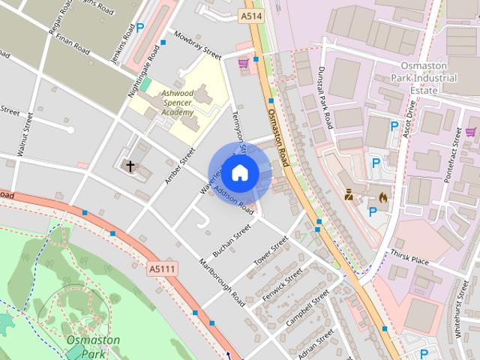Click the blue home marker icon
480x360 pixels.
[x=238, y=173]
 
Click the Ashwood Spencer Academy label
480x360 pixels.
[x=177, y=103]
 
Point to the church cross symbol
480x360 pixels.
[x=130, y=166]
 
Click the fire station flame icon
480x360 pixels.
[x=383, y=197]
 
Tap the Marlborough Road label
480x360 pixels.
[x=222, y=283]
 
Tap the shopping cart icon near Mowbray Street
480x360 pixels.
[x=243, y=64]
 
